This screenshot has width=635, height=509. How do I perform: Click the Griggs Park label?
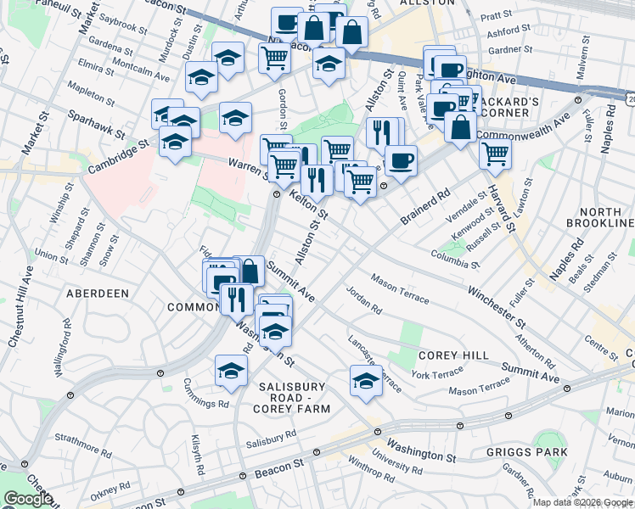(526, 452)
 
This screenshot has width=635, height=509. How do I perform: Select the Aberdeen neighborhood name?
(98, 294)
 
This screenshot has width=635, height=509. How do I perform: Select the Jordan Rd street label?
(365, 299)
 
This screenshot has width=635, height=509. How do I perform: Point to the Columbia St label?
(455, 257)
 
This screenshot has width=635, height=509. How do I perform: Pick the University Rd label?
(402, 461)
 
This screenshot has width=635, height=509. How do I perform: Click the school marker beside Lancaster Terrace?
(366, 382)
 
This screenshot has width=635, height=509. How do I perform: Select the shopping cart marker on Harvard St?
(495, 154)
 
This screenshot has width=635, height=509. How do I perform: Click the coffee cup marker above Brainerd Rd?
(401, 159)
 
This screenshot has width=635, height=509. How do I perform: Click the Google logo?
(28, 500)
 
